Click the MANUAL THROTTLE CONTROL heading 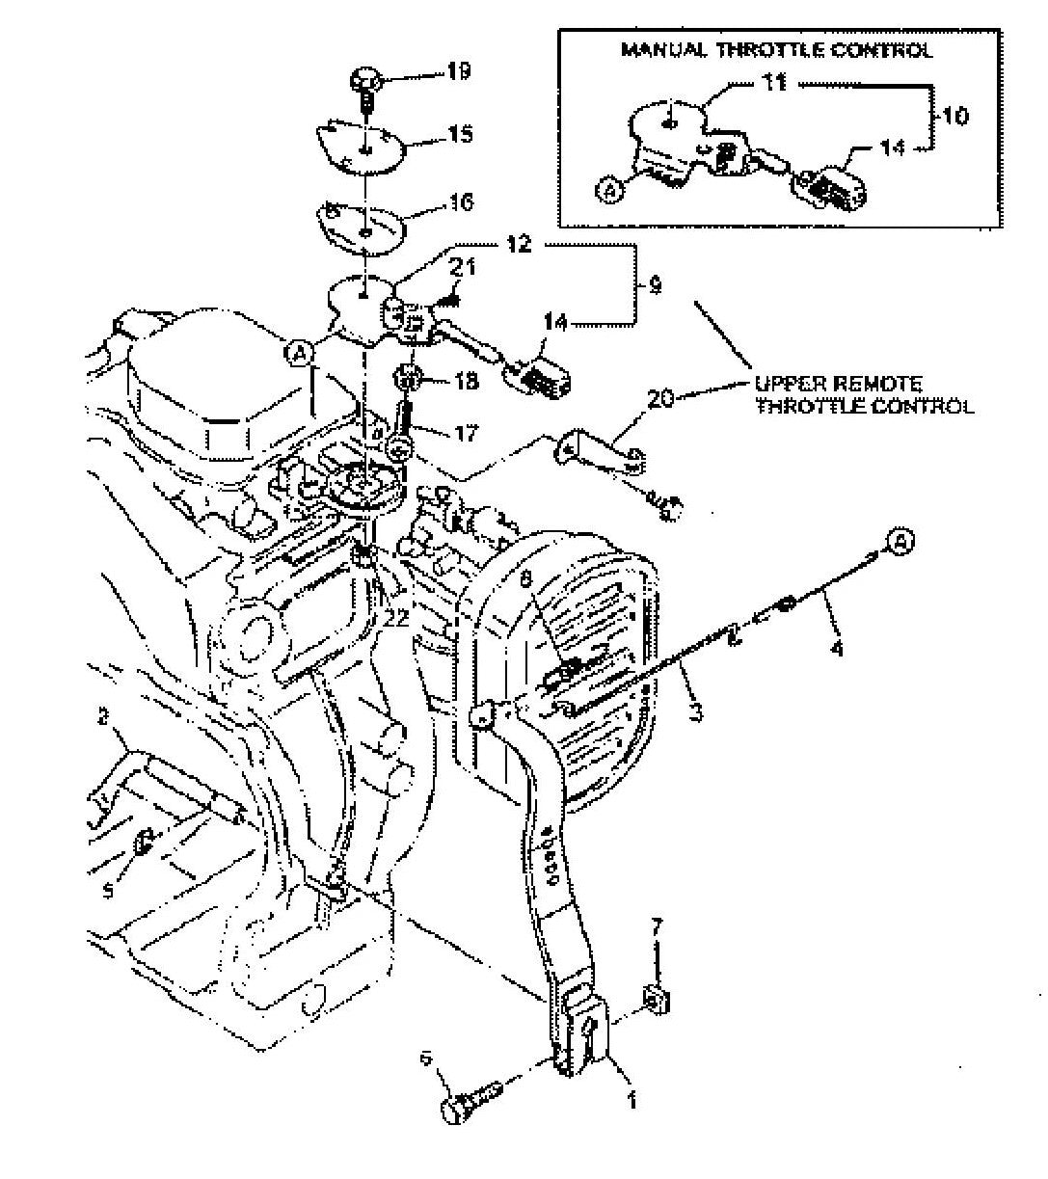[777, 50]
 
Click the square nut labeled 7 [657, 1002]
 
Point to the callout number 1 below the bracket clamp [631, 1100]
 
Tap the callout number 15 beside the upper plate [460, 134]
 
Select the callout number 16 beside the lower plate [460, 202]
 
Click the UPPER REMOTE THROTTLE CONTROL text [864, 395]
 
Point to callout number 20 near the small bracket [660, 397]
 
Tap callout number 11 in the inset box [774, 83]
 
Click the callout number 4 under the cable [836, 649]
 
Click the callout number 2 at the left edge [101, 716]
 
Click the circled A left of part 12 [300, 354]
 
